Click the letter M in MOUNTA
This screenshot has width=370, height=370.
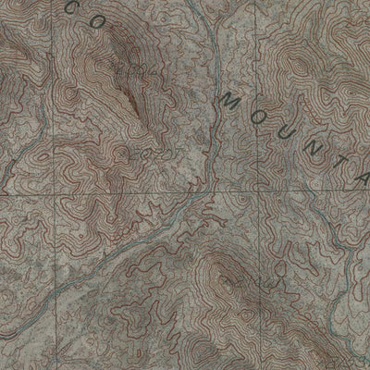pos(228,100)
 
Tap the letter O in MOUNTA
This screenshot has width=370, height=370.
pos(258,113)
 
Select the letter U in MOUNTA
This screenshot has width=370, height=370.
pos(287,127)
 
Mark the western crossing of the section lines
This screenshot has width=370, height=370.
pos(53,196)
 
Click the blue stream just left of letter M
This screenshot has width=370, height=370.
pos(215,102)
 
